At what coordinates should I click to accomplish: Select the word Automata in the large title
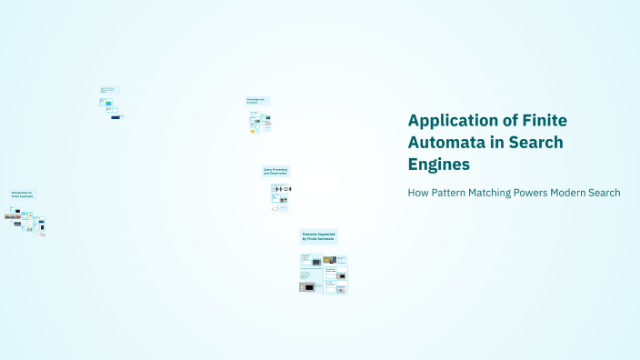tap(449, 143)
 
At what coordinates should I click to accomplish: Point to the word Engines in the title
tap(439, 165)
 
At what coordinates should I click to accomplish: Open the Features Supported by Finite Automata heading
tap(318, 236)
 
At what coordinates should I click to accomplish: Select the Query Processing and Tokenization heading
tap(275, 170)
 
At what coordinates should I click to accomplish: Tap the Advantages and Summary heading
tap(257, 101)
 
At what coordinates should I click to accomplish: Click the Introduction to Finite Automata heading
tap(23, 195)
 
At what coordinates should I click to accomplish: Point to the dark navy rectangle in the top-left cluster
tap(115, 116)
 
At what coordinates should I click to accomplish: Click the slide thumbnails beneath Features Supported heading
tap(324, 273)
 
